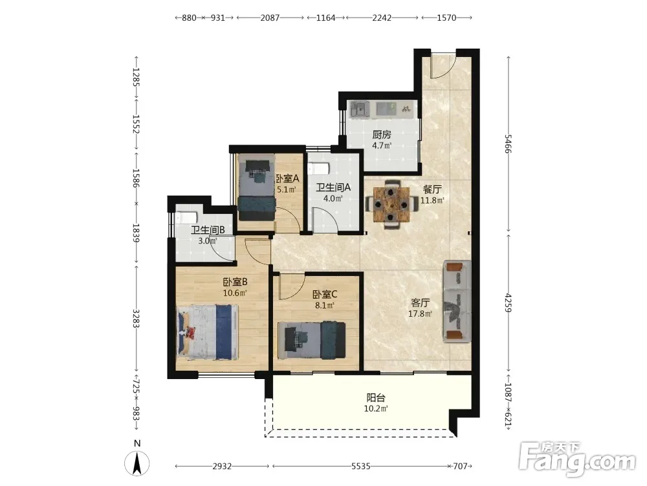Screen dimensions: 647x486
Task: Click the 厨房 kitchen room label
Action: [x=382, y=135]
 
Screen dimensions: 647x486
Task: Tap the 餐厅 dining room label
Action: [x=432, y=190]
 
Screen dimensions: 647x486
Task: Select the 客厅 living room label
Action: [x=420, y=303]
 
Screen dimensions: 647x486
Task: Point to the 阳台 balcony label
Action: [x=376, y=398]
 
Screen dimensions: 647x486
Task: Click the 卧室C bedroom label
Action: [x=325, y=294]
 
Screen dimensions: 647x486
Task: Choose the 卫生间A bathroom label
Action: [x=333, y=187]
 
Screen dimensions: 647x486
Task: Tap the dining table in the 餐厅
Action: [x=391, y=204]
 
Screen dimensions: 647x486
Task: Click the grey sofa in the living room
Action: [x=457, y=301]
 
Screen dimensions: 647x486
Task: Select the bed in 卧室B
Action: [x=208, y=331]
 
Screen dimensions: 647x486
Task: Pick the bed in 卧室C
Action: [x=312, y=340]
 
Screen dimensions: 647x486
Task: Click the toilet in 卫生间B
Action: [x=186, y=218]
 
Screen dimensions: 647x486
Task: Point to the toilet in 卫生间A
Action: [x=320, y=168]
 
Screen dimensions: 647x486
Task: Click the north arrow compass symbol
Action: [x=137, y=463]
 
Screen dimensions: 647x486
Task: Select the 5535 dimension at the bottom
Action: [x=360, y=467]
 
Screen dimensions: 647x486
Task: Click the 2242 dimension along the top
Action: [x=382, y=17]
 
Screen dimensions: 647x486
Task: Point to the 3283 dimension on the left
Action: [x=136, y=318]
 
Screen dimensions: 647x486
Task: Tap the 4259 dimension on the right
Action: [x=509, y=303]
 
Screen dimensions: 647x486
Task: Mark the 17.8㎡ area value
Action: [x=420, y=314]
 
